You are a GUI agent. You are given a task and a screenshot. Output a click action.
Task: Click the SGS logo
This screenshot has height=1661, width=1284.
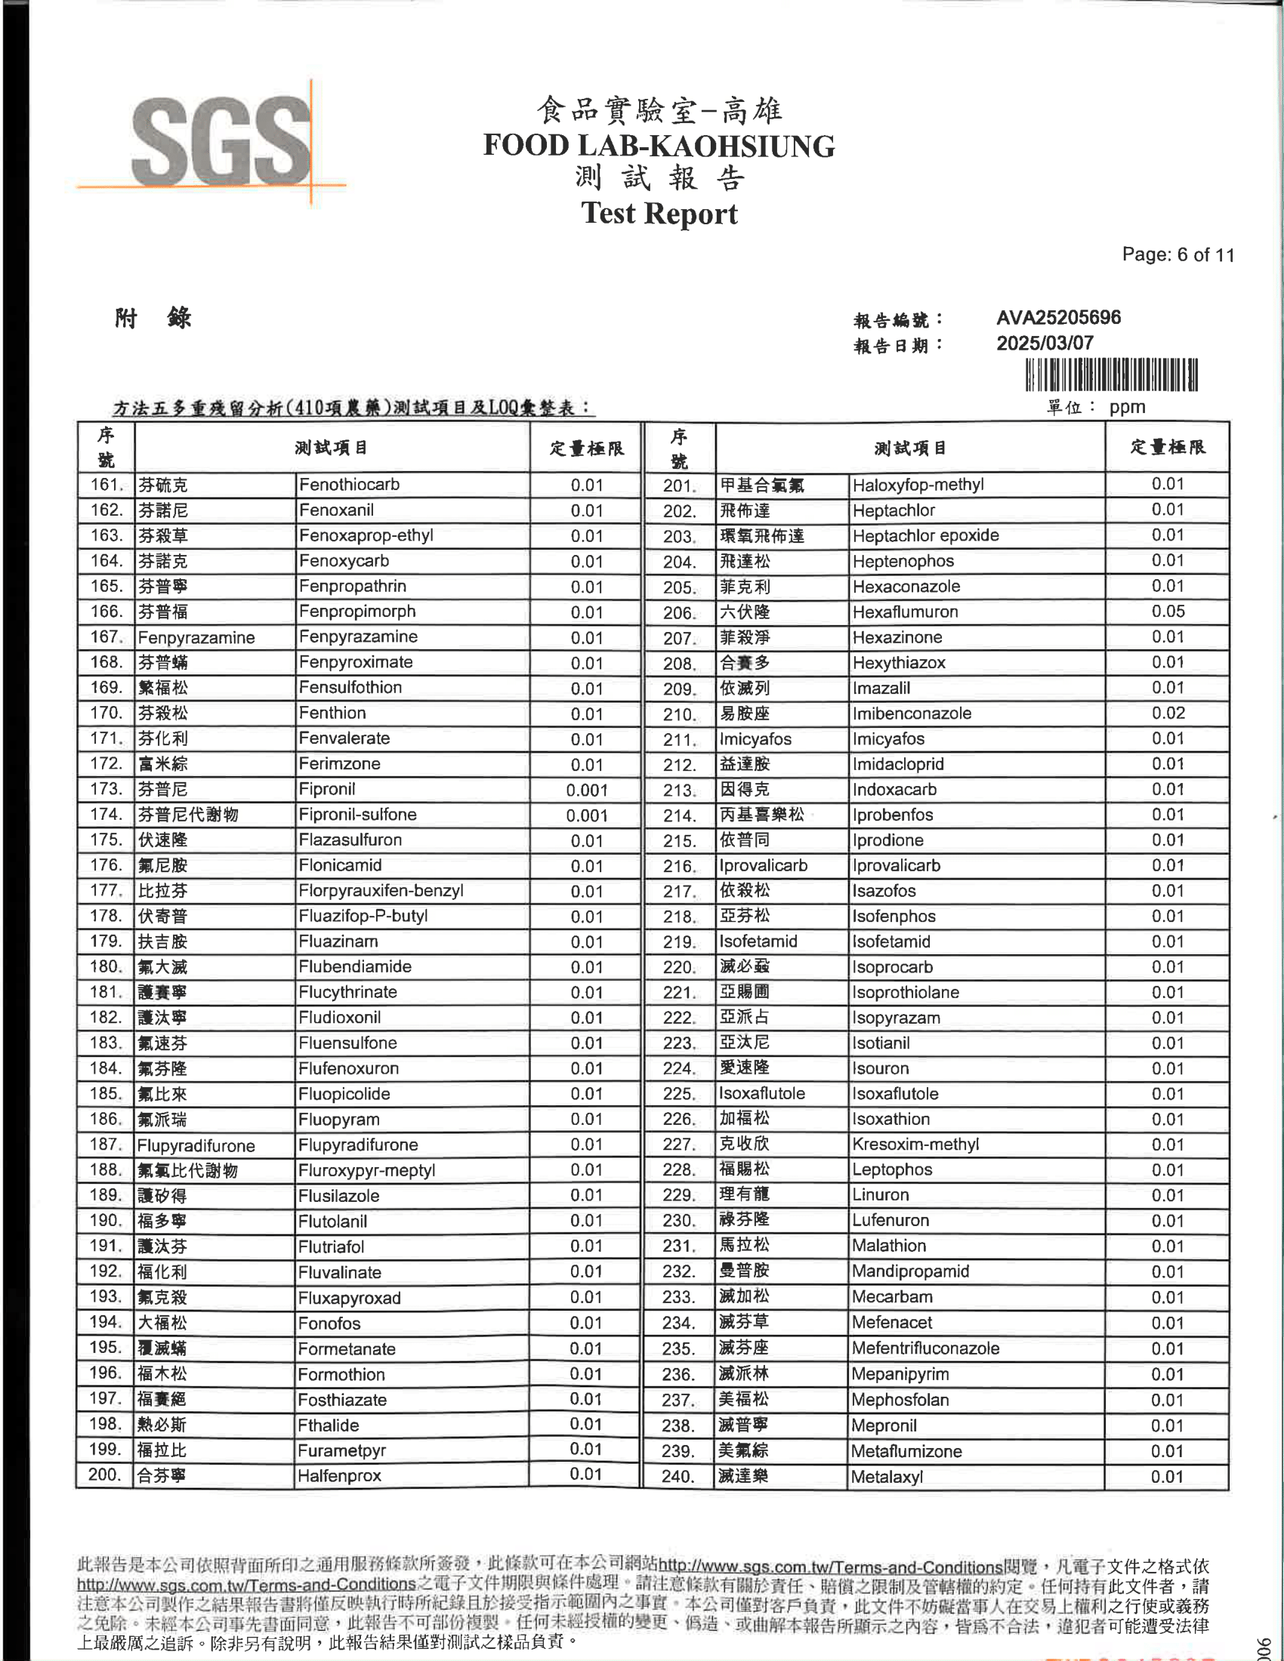[x=221, y=142]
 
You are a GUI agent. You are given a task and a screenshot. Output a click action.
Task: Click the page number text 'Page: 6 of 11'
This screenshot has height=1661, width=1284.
[x=1178, y=254]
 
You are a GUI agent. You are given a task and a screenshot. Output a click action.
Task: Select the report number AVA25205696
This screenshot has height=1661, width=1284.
[x=1058, y=317]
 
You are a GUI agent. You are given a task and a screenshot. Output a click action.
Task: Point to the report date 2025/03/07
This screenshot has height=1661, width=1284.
[x=1045, y=343]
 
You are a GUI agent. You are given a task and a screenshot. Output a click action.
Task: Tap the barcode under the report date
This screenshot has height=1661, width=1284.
[x=1111, y=375]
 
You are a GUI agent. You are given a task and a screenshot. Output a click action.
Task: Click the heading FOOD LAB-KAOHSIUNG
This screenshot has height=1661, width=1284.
[x=659, y=146]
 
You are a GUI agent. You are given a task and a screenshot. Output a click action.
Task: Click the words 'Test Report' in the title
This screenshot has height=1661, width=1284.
[x=659, y=214]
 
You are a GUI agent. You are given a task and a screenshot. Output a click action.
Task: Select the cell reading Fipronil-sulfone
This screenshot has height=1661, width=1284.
[x=357, y=815]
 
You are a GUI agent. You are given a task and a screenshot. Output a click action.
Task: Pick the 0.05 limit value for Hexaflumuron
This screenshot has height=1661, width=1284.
[x=1167, y=612]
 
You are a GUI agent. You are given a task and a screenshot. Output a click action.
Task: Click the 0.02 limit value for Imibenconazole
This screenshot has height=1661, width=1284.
[x=1167, y=713]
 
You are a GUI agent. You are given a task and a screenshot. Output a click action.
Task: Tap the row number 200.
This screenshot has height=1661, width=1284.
[x=105, y=1475]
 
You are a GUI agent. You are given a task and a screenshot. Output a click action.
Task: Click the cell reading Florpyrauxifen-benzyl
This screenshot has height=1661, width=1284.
[x=381, y=891]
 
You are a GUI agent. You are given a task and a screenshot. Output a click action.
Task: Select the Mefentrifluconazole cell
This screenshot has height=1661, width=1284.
[x=925, y=1348]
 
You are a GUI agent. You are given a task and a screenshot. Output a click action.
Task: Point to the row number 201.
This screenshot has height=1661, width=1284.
[x=678, y=485]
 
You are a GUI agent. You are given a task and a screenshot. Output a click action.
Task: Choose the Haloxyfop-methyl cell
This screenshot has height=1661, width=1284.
[x=918, y=485]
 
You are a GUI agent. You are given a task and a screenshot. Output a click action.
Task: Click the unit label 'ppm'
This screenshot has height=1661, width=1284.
[x=1127, y=407]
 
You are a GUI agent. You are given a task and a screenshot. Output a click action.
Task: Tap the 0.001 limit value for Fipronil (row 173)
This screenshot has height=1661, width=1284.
[x=586, y=790]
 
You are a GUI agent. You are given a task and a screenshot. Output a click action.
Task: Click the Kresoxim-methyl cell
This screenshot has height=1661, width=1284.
[x=915, y=1145]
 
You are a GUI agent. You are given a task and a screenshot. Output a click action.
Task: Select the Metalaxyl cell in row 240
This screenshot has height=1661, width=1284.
[x=887, y=1477]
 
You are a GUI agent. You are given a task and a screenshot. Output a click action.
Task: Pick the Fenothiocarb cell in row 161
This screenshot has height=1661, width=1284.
[x=349, y=485]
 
